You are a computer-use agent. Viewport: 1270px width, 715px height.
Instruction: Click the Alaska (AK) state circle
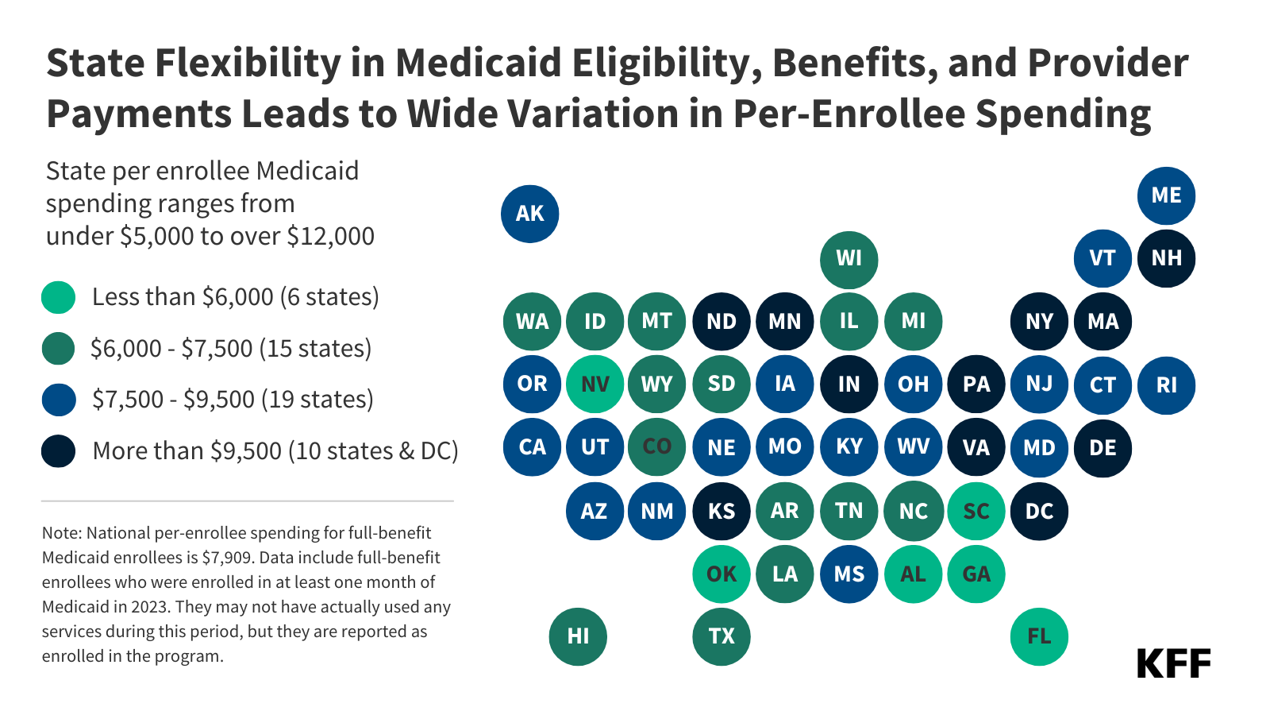tap(530, 214)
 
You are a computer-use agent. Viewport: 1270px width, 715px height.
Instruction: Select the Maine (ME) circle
tap(1166, 195)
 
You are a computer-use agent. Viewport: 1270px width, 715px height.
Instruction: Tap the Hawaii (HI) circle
tap(578, 636)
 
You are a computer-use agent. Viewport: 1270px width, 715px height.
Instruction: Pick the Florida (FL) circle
tap(1039, 636)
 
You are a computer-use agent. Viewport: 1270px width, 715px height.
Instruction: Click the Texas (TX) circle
tap(722, 636)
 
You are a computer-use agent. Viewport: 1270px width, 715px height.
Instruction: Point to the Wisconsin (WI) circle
tap(849, 259)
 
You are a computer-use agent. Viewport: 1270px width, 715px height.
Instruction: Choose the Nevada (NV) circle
tap(595, 385)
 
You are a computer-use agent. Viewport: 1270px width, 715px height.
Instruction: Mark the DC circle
tap(1039, 511)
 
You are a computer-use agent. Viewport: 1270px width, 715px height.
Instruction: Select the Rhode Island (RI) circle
tap(1166, 385)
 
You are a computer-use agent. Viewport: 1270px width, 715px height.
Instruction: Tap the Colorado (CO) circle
tap(657, 447)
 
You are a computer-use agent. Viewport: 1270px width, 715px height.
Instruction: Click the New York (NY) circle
tap(1039, 322)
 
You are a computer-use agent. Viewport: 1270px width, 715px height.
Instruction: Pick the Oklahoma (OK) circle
tap(722, 574)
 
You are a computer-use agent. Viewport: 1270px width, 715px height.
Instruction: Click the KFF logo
tap(1173, 663)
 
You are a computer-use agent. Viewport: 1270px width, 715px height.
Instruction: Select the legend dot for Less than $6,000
tap(58, 297)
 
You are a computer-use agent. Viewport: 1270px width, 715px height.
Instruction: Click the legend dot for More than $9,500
tap(58, 451)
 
